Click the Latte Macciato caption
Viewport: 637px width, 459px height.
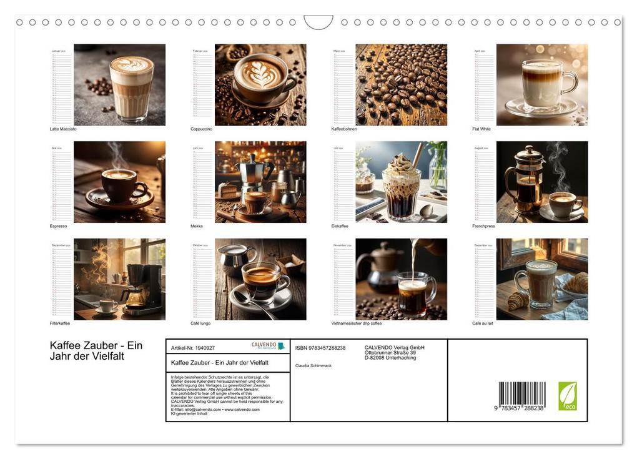(x=63, y=129)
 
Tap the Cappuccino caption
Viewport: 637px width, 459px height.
(x=202, y=129)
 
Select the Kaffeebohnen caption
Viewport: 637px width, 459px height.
(x=344, y=129)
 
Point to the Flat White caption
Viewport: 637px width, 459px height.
(x=481, y=129)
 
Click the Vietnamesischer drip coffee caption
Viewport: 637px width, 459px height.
(x=357, y=323)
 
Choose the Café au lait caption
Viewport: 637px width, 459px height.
(x=483, y=323)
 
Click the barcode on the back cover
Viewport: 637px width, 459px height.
(x=521, y=395)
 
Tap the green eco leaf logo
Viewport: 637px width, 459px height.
(x=567, y=396)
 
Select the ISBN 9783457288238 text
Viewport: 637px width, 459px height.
(x=320, y=348)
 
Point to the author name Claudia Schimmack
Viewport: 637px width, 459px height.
(x=314, y=365)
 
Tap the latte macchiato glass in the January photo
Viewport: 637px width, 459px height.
(x=131, y=87)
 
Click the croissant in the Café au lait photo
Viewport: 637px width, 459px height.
(x=518, y=301)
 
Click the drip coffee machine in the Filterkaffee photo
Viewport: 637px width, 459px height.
(x=142, y=287)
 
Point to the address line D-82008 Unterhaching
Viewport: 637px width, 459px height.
(x=390, y=358)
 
